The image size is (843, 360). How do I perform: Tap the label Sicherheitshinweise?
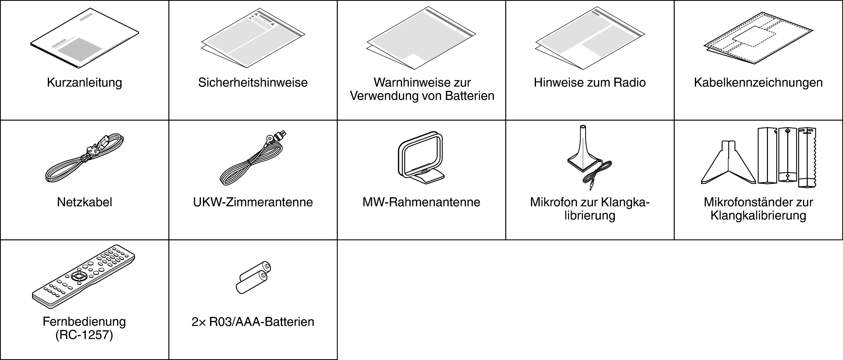[x=253, y=82]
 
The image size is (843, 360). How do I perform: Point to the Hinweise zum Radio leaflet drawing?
[x=590, y=39]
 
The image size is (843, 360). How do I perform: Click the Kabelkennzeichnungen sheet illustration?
[x=758, y=43]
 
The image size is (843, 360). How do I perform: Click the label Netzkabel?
[x=84, y=202]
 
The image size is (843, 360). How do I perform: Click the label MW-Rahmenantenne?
[x=421, y=202]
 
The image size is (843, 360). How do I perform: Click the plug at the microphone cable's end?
[x=591, y=187]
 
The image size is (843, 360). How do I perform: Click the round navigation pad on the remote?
[x=79, y=276]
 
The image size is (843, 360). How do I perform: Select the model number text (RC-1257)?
[x=84, y=335]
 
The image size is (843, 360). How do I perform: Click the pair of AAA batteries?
[x=253, y=278]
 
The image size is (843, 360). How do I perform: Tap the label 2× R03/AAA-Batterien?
[x=253, y=322]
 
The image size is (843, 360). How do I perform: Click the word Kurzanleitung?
[x=84, y=82]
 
